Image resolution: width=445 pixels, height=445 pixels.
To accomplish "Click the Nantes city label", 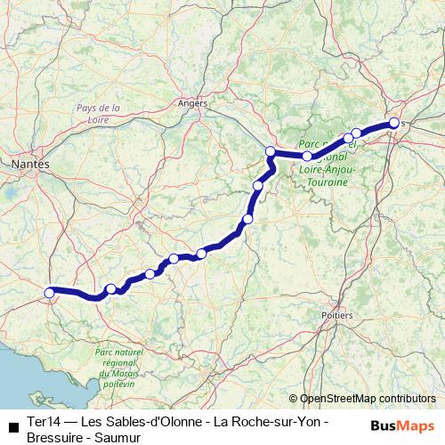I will [x=29, y=165].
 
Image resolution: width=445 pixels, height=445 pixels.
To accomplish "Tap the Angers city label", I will [x=192, y=103].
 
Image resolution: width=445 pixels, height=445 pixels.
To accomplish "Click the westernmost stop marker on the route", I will [x=50, y=291].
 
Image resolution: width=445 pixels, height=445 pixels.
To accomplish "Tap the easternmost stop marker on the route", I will [x=393, y=124].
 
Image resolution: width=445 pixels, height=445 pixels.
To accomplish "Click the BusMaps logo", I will [x=403, y=425].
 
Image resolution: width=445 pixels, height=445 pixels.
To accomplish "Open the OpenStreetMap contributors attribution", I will [x=367, y=399].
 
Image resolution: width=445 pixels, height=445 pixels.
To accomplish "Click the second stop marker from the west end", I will [x=111, y=288].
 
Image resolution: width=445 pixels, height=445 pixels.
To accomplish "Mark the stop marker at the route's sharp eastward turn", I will [x=271, y=151].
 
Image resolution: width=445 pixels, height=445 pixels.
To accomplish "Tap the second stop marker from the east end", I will [x=356, y=133].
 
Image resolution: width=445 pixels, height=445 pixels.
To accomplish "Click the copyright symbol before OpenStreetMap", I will [x=293, y=399].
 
